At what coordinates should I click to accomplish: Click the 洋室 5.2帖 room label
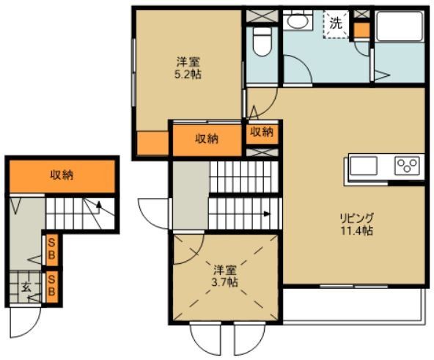(x=188, y=68)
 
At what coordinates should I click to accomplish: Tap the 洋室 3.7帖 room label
(x=224, y=276)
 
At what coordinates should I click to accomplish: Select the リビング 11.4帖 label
(x=356, y=224)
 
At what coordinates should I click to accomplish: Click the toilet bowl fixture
(x=262, y=41)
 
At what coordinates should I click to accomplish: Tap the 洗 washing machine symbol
(x=336, y=23)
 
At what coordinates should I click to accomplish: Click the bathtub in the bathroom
(x=400, y=26)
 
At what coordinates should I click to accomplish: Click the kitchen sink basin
(x=363, y=166)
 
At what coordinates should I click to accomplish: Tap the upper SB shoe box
(x=52, y=250)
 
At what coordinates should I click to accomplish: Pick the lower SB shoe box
(x=52, y=287)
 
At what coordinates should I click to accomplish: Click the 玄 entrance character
(x=26, y=287)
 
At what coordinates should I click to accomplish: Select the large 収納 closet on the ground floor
(x=62, y=176)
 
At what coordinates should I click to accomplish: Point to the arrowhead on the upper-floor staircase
(x=267, y=213)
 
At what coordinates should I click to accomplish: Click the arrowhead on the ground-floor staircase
(x=99, y=205)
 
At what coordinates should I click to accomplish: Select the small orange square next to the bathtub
(x=362, y=30)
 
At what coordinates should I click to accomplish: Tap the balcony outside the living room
(x=354, y=306)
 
